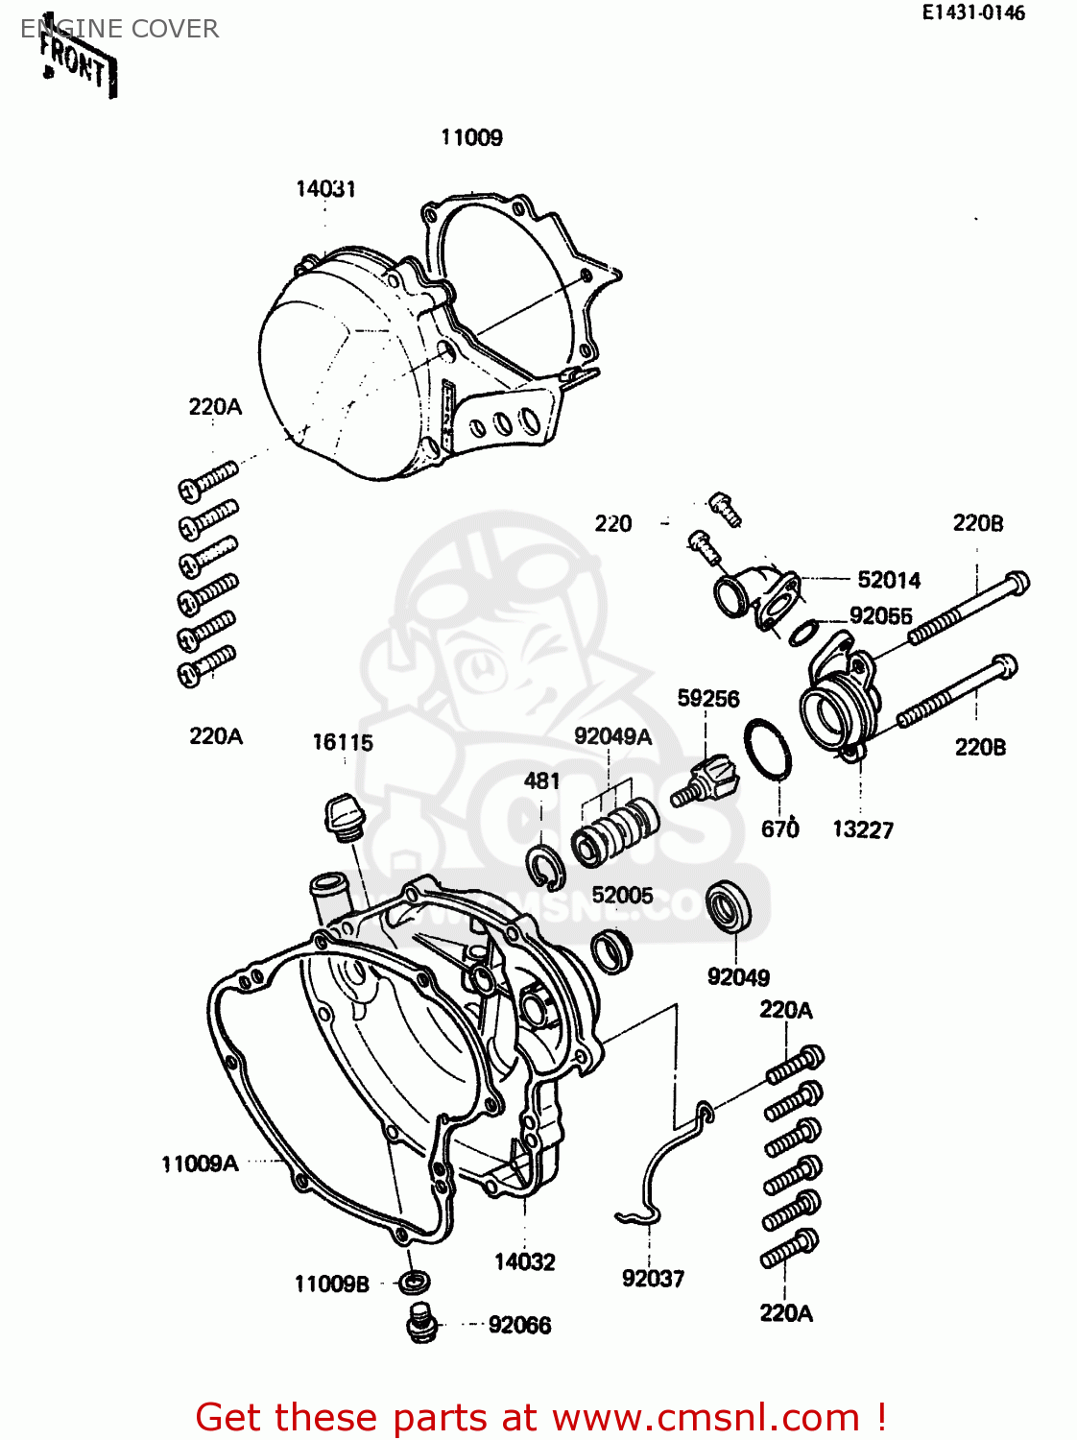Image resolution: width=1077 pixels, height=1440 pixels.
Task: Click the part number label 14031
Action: (325, 189)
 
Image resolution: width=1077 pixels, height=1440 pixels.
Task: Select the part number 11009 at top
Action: (471, 137)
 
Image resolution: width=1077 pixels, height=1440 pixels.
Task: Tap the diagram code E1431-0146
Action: (973, 12)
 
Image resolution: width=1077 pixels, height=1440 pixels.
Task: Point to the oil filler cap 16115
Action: (341, 816)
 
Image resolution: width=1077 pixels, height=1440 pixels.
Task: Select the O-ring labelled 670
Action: (768, 750)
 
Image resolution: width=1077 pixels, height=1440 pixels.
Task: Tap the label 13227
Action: (862, 829)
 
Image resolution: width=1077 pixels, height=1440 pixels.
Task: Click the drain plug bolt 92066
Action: (420, 1325)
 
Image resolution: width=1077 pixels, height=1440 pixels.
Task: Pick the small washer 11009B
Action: (414, 1282)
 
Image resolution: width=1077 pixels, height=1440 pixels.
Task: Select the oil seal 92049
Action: (728, 905)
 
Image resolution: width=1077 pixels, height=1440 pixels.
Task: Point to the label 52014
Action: (889, 580)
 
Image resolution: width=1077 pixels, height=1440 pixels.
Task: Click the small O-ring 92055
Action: (803, 632)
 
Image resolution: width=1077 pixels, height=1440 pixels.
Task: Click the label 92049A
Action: (612, 736)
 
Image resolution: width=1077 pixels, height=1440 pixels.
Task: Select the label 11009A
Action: (200, 1164)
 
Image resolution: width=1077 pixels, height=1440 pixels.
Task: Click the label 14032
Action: (524, 1261)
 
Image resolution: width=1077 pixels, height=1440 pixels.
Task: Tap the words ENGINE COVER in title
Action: (120, 29)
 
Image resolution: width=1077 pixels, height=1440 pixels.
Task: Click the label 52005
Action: (622, 895)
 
